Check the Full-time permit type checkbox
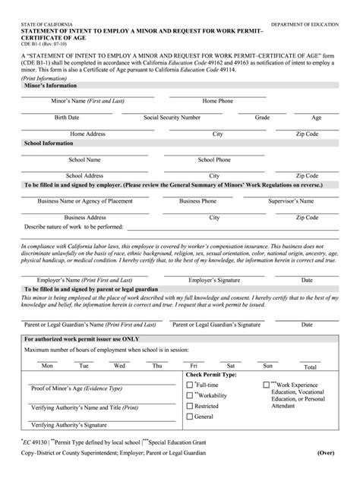pyautogui.click(x=190, y=385)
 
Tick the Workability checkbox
pyautogui.click(x=190, y=395)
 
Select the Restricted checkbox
pyautogui.click(x=190, y=407)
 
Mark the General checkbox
pyautogui.click(x=190, y=417)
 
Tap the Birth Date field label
pyautogui.click(x=66, y=118)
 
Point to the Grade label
pyautogui.click(x=262, y=118)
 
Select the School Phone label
pyautogui.click(x=215, y=160)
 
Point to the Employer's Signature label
pyautogui.click(x=213, y=280)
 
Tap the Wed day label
pyautogui.click(x=120, y=366)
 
